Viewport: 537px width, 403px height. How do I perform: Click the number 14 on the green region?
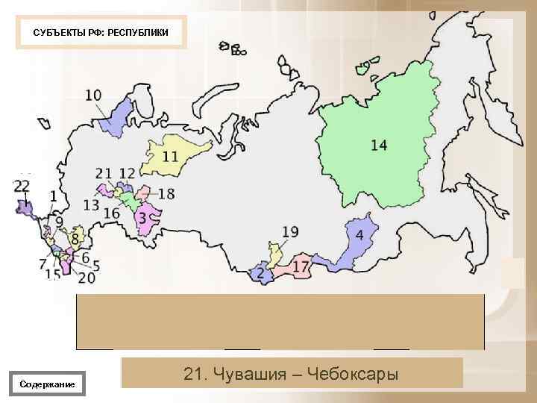(379, 145)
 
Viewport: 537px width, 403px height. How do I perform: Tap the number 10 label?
(94, 96)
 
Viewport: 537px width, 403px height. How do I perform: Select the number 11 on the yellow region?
(170, 156)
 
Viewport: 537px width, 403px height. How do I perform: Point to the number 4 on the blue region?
(359, 235)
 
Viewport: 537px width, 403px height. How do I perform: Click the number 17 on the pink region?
(301, 266)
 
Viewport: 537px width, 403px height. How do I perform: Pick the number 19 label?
(289, 232)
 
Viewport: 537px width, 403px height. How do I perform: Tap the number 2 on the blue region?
(260, 275)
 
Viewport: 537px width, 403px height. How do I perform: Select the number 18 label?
(166, 194)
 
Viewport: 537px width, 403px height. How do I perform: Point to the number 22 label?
(22, 185)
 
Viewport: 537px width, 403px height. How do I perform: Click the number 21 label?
(104, 174)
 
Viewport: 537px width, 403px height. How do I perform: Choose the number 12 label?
(127, 174)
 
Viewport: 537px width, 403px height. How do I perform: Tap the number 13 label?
(91, 204)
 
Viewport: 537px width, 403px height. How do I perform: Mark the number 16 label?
(111, 213)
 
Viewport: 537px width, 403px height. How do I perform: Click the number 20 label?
(87, 278)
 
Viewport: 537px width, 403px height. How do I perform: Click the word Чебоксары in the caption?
(353, 373)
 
